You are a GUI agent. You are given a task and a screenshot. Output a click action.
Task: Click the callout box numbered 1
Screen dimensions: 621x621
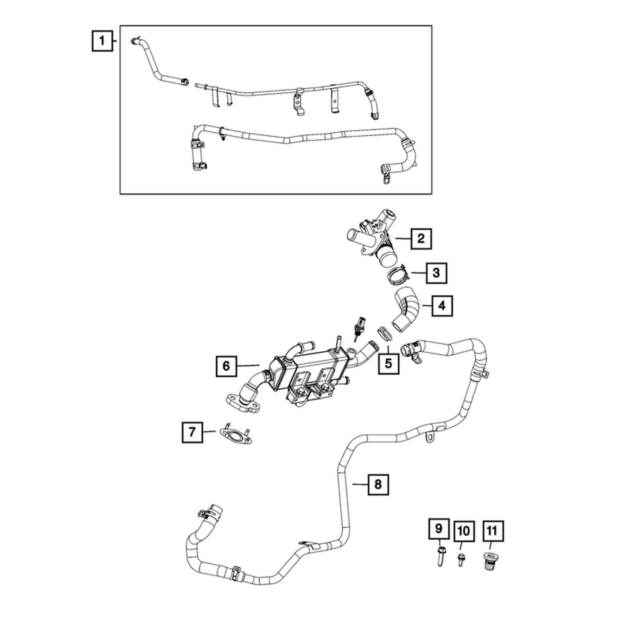(x=102, y=41)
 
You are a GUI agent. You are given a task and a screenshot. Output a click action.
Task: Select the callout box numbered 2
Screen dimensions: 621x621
(x=421, y=238)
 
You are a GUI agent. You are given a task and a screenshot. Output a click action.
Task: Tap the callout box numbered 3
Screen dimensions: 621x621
(x=436, y=273)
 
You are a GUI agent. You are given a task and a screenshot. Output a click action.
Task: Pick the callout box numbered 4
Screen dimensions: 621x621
(x=442, y=306)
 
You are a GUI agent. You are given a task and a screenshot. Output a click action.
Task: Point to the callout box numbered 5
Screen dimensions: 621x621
(x=388, y=363)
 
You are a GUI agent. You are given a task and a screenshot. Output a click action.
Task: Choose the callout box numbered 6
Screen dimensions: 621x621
(x=226, y=366)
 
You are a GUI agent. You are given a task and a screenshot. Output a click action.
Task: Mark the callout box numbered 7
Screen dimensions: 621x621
(x=192, y=432)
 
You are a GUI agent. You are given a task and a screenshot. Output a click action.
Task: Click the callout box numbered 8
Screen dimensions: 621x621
(x=378, y=484)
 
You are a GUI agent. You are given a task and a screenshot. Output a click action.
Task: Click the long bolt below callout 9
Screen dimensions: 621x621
(x=439, y=557)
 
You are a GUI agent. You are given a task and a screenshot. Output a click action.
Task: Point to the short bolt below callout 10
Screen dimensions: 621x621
(x=460, y=560)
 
